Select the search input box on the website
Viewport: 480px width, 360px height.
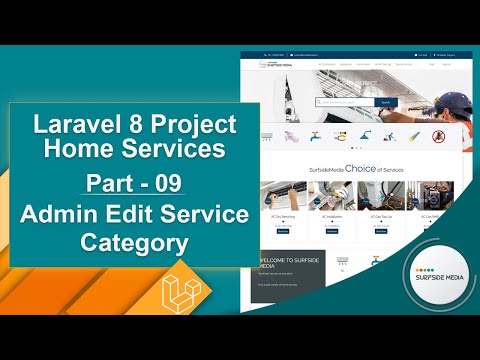(345, 101)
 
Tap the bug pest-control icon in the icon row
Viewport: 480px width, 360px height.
(438, 136)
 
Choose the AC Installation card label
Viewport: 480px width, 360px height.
(331, 216)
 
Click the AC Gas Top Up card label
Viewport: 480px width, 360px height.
(381, 216)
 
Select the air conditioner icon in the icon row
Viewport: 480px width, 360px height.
(267, 136)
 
